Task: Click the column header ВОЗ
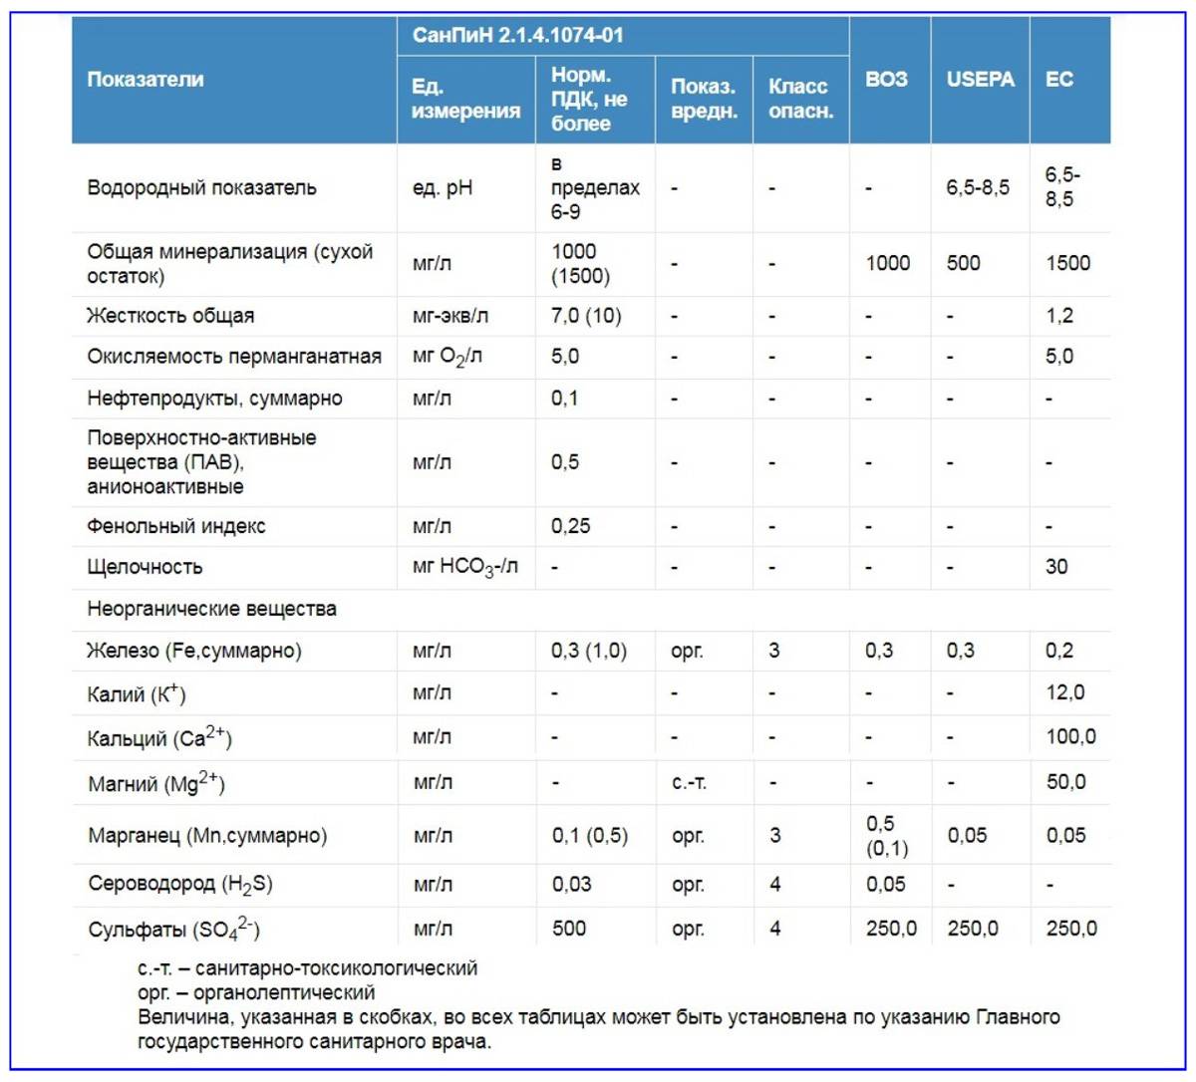[886, 79]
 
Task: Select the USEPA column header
[980, 79]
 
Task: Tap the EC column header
[1058, 79]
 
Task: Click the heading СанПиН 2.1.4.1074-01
[517, 35]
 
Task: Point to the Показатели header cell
[146, 79]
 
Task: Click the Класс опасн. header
[799, 99]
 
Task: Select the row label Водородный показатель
[201, 187]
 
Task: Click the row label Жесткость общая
[170, 316]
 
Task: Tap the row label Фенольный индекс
[176, 526]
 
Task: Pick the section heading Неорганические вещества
[211, 609]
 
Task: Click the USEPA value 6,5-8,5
[977, 187]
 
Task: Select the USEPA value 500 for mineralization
[963, 263]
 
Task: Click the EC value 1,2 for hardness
[1058, 316]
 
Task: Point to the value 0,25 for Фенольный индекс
[570, 526]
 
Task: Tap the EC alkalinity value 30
[1055, 567]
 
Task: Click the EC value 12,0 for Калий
[1064, 692]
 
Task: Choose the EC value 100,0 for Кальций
[1069, 736]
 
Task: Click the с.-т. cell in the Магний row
[689, 783]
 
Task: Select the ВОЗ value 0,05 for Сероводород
[885, 884]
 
